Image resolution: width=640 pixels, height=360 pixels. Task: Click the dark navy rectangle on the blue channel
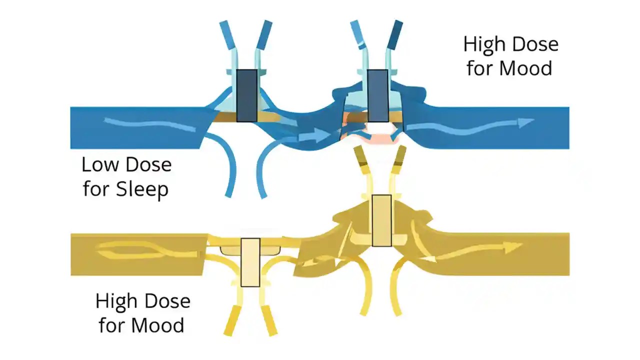[246, 95]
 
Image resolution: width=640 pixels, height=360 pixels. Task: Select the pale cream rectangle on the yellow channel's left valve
[250, 262]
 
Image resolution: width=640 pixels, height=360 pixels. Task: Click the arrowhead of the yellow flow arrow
[515, 246]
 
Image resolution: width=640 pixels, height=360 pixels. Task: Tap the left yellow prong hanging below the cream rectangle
[231, 320]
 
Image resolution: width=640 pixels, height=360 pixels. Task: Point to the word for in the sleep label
[96, 189]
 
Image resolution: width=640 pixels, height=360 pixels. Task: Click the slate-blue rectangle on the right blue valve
[377, 95]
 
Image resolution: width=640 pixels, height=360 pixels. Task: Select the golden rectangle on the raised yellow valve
[382, 220]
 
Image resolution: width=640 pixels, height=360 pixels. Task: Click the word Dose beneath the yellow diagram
[167, 301]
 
